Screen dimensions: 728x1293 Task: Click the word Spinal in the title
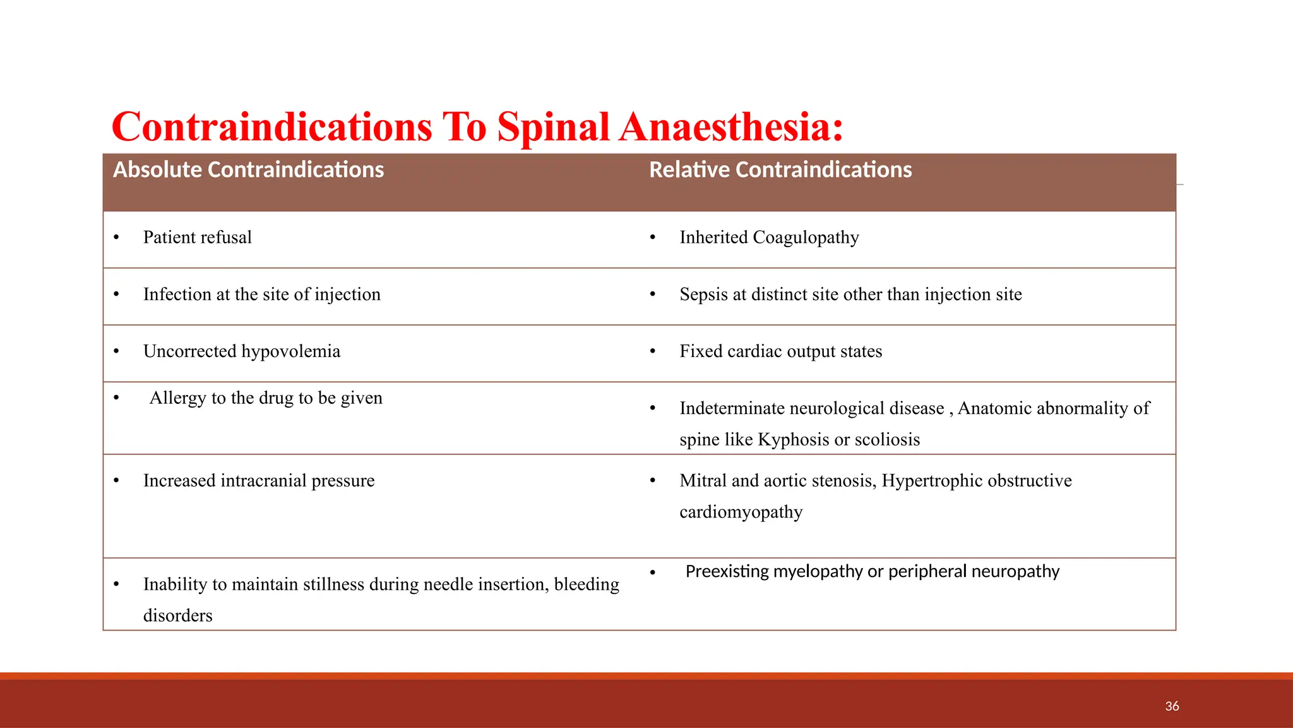pyautogui.click(x=553, y=128)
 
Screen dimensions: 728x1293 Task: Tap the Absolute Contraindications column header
pyautogui.click(x=248, y=170)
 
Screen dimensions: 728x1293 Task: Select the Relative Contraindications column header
pyautogui.click(x=780, y=170)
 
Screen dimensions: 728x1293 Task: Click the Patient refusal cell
pyautogui.click(x=197, y=238)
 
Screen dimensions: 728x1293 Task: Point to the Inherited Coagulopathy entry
pyautogui.click(x=769, y=238)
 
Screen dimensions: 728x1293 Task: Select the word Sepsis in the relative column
pyautogui.click(x=703, y=294)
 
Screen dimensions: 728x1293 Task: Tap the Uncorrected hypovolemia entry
pyautogui.click(x=241, y=351)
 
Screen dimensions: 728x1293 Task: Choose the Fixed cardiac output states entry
pyautogui.click(x=780, y=351)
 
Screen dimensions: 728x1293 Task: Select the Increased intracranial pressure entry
pyautogui.click(x=258, y=481)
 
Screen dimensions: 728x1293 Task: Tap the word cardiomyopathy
pyautogui.click(x=741, y=512)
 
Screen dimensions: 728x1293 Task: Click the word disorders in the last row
pyautogui.click(x=177, y=616)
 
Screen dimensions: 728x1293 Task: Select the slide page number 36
pyautogui.click(x=1172, y=707)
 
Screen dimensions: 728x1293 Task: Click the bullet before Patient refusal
pyautogui.click(x=116, y=238)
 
